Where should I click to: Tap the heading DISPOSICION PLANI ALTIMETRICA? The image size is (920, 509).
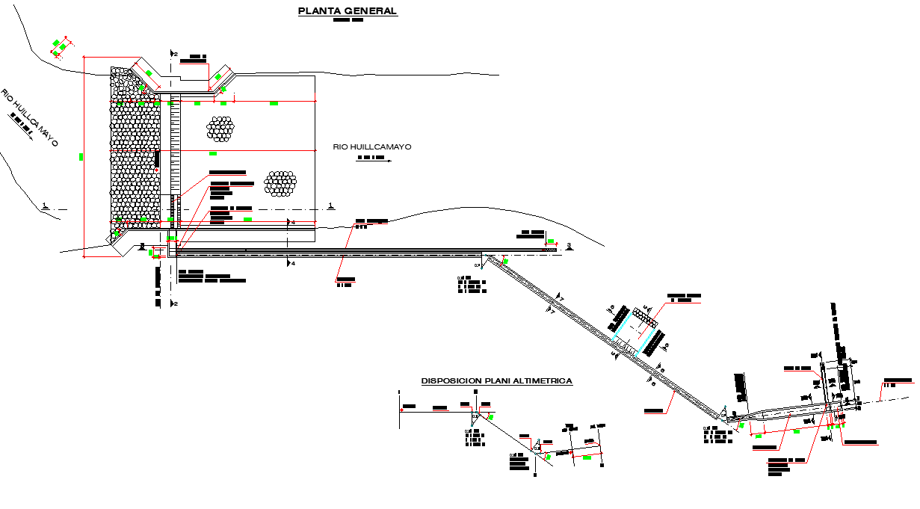click(x=497, y=381)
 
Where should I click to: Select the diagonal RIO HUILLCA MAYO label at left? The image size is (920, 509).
click(x=29, y=117)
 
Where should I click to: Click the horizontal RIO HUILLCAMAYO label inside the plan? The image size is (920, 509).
click(x=372, y=147)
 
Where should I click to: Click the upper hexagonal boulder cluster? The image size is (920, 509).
click(x=220, y=129)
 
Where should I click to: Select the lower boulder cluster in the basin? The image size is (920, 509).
click(x=280, y=183)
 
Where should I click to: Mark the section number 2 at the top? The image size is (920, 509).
click(x=175, y=54)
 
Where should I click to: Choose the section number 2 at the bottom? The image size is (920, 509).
click(x=175, y=303)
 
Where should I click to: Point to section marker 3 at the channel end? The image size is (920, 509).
click(x=569, y=246)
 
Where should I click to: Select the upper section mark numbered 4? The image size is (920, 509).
click(x=292, y=223)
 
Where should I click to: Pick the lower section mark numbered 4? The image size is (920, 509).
click(x=292, y=263)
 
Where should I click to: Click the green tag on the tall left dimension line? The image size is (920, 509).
click(x=81, y=156)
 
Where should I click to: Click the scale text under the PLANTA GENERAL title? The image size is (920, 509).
click(x=348, y=21)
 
